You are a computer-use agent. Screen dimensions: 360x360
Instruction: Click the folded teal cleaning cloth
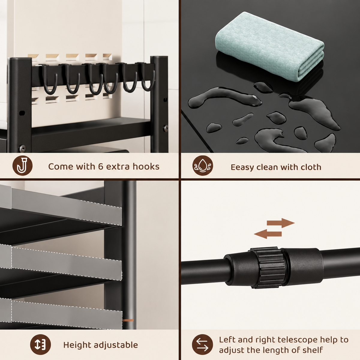pos(269,46)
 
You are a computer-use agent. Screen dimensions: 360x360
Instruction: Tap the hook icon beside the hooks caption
pos(22,166)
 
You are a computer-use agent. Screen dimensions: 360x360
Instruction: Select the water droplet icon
pos(203,166)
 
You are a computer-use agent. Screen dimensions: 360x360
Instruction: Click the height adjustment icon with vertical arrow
pos(40,344)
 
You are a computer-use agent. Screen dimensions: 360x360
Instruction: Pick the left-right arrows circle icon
pos(202,344)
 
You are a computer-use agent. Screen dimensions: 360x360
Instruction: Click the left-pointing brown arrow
pos(268,234)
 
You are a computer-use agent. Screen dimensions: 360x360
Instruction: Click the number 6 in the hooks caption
pos(101,166)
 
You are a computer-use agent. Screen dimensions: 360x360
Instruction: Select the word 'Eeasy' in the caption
pos(242,167)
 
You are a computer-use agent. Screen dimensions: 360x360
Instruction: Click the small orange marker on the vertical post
pos(128,320)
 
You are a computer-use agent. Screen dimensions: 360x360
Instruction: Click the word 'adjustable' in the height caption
pos(116,345)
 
